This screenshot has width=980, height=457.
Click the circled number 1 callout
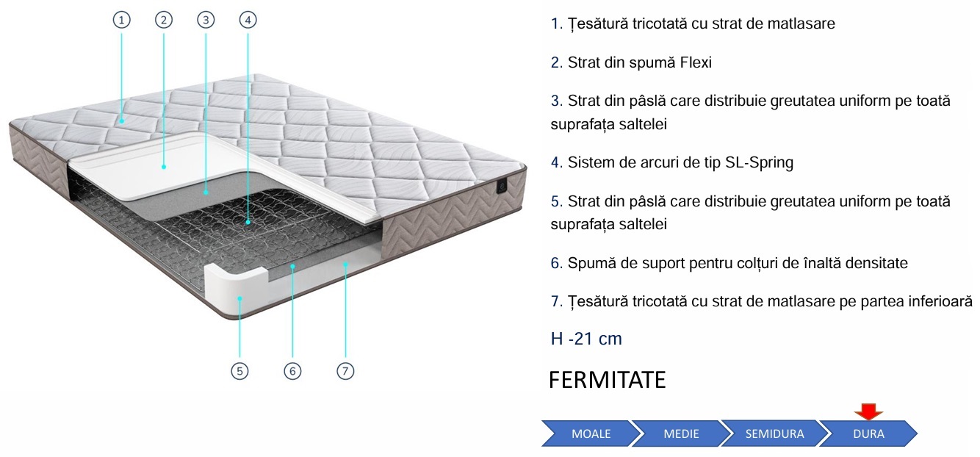pyautogui.click(x=122, y=20)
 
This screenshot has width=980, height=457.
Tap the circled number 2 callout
pyautogui.click(x=164, y=20)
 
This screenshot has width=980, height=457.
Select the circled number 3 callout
pyautogui.click(x=206, y=20)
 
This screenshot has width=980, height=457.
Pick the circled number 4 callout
pyautogui.click(x=248, y=20)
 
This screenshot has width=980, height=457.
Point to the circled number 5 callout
pyautogui.click(x=239, y=371)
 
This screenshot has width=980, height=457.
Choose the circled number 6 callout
pyautogui.click(x=292, y=371)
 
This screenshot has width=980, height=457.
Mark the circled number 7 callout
pyautogui.click(x=345, y=371)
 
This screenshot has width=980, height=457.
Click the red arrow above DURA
pyautogui.click(x=868, y=411)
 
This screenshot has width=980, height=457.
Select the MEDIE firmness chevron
pyautogui.click(x=682, y=433)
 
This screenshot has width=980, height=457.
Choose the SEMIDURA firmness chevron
pyautogui.click(x=775, y=433)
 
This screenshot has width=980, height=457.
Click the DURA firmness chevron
pyautogui.click(x=869, y=433)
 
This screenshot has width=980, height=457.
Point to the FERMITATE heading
pyautogui.click(x=608, y=380)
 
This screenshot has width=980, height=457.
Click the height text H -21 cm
pyautogui.click(x=586, y=339)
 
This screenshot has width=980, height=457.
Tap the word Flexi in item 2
pyautogui.click(x=696, y=62)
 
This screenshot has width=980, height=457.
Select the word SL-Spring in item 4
pyautogui.click(x=759, y=162)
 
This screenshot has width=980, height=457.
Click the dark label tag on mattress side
pyautogui.click(x=502, y=187)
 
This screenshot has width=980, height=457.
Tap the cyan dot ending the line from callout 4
pyautogui.click(x=248, y=223)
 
